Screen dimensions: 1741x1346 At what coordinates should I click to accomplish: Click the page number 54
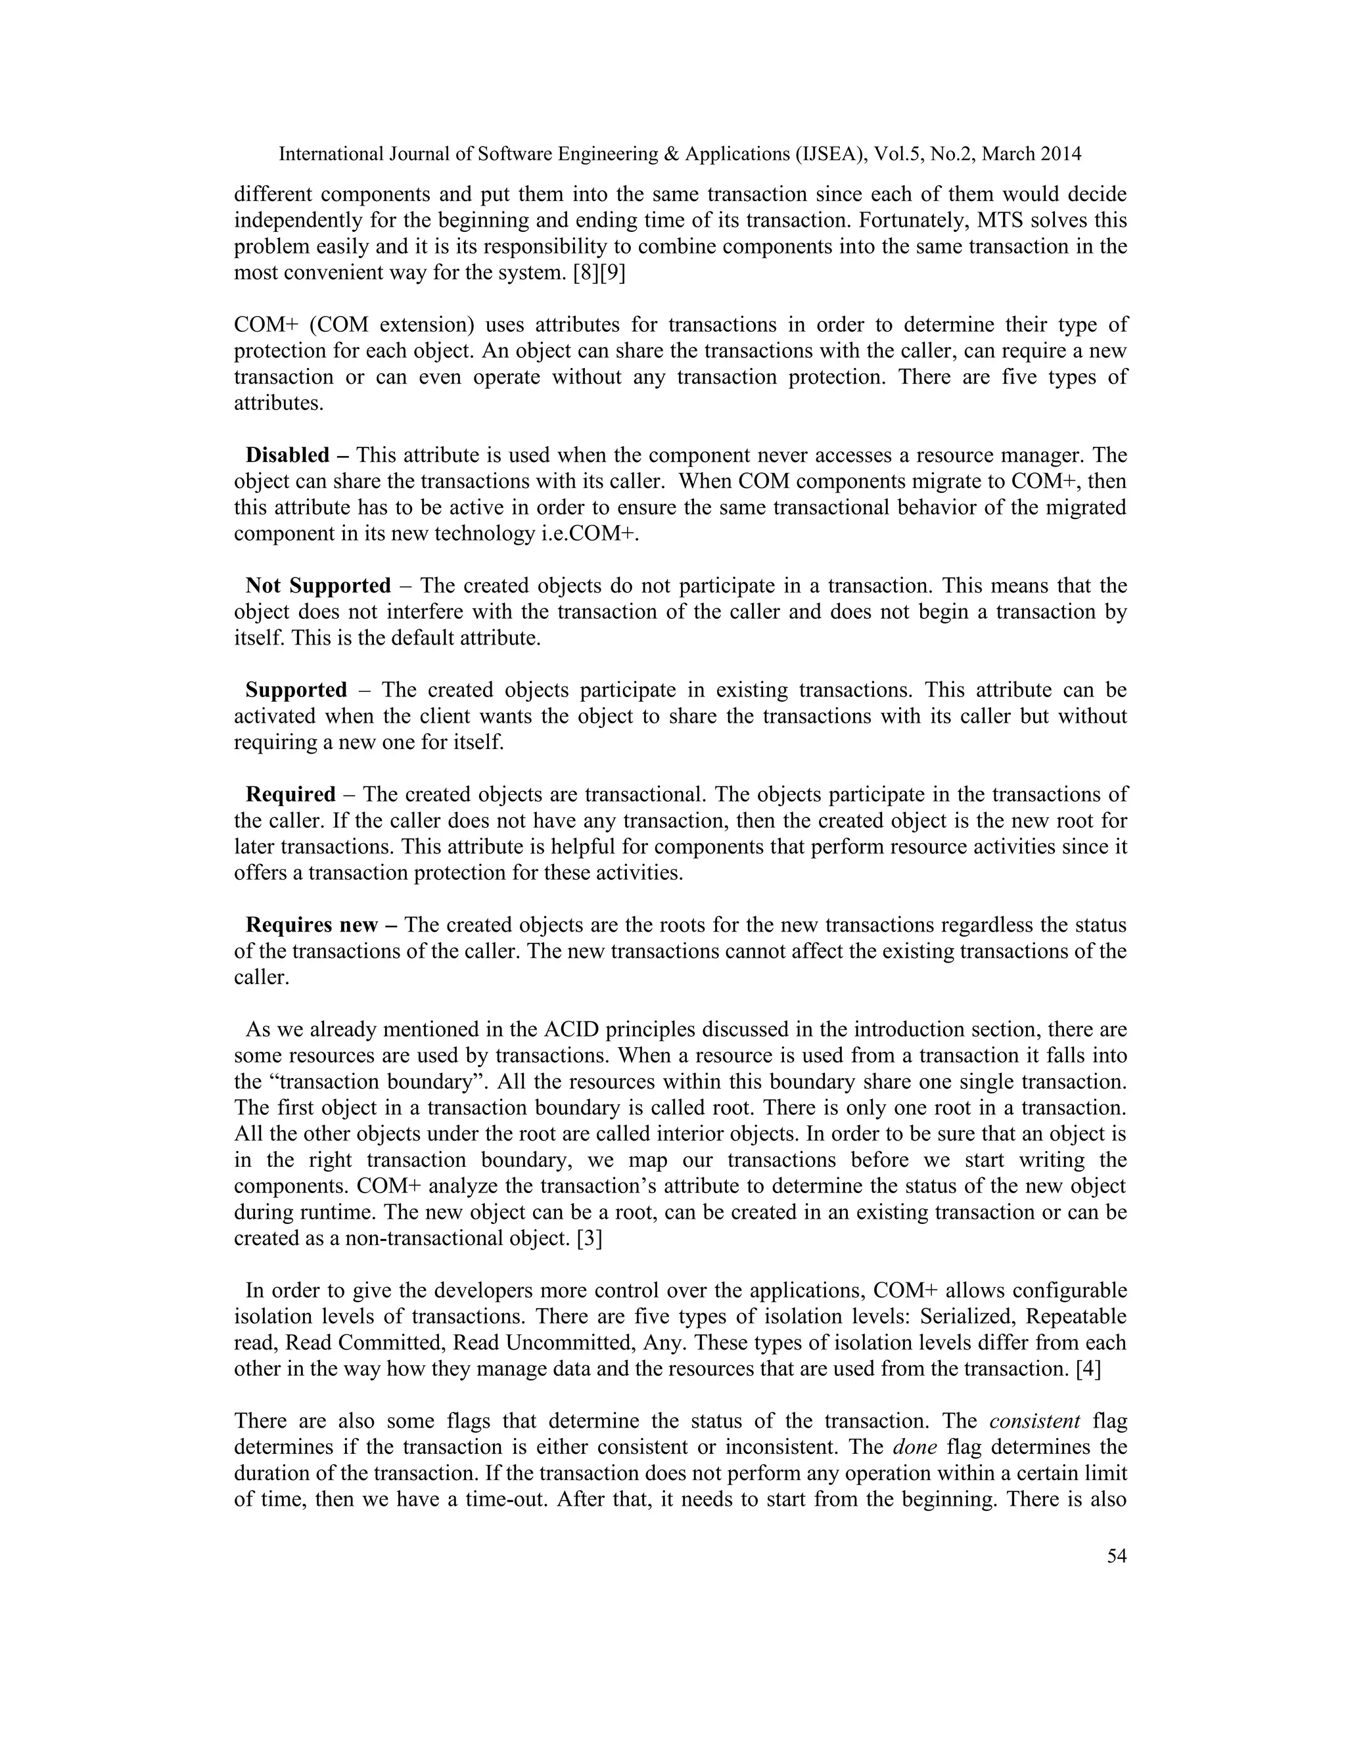pos(1117,1555)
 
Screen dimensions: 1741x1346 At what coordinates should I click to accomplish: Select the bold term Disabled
pos(287,455)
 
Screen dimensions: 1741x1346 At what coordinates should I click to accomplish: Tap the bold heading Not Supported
pos(318,586)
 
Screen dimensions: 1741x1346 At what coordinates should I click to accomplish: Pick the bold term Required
pos(290,795)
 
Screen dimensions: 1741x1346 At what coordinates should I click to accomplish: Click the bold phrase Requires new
pos(311,925)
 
